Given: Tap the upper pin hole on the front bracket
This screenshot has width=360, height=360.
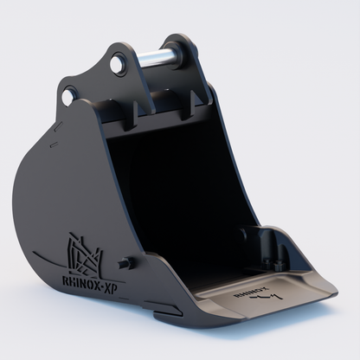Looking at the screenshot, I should tap(118, 63).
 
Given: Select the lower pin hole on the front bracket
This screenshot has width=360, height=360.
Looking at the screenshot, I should tap(70, 93).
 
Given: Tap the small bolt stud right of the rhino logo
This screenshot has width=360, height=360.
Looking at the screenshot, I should tap(127, 261).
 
